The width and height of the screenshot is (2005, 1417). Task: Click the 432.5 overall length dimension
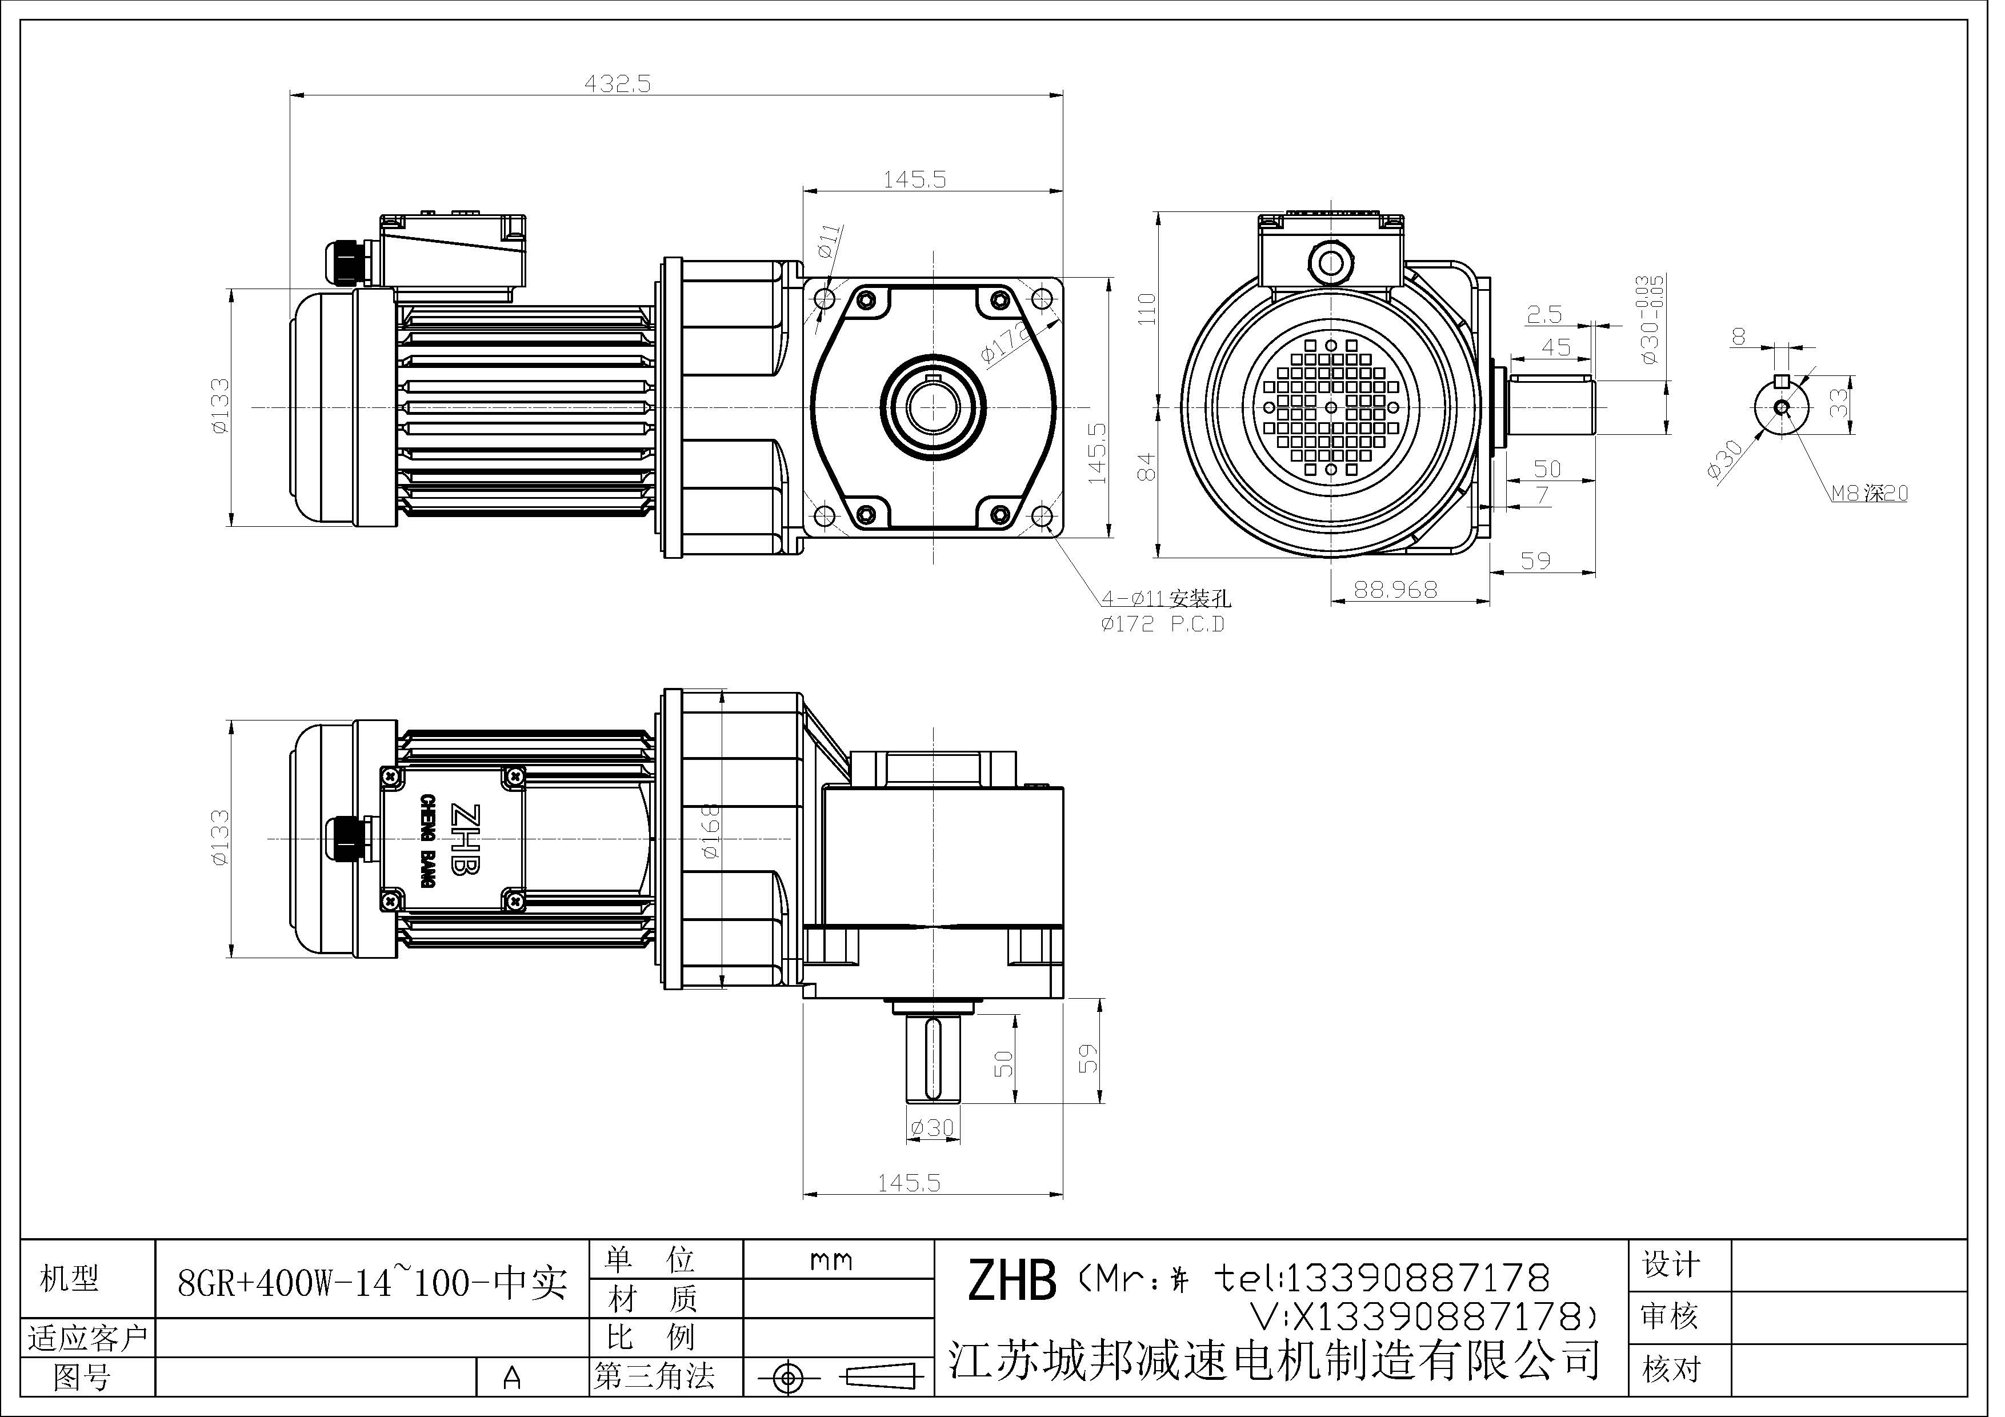point(618,84)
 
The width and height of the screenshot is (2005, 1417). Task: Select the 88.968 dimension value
point(1395,590)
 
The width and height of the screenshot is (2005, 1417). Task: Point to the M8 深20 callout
point(1869,493)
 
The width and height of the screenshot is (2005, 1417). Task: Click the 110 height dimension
point(1147,309)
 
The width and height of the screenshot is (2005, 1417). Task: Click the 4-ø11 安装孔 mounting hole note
point(1166,599)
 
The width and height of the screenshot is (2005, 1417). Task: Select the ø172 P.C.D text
point(1162,625)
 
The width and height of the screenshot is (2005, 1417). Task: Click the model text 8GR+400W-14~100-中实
point(372,1282)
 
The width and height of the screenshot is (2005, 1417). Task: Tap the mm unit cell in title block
point(830,1260)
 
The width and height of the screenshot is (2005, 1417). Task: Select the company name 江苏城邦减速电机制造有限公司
point(1275,1359)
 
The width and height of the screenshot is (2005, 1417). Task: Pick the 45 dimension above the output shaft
point(1555,347)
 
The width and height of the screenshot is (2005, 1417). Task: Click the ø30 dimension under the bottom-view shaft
point(932,1128)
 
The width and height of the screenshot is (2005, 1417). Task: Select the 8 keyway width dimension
point(1739,335)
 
